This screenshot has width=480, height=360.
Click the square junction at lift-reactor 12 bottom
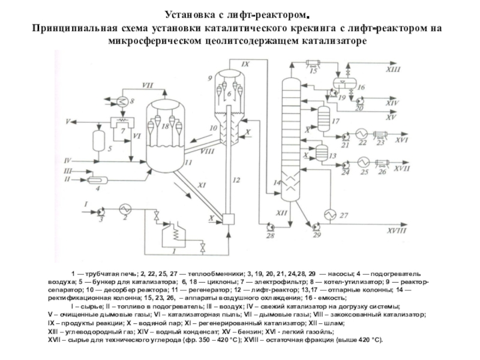(x=227, y=218)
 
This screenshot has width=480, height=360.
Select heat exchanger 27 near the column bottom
(x=329, y=215)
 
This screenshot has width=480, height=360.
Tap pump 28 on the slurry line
(x=269, y=226)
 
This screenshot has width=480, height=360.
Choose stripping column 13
(x=322, y=153)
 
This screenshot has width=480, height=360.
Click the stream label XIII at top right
(x=393, y=70)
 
